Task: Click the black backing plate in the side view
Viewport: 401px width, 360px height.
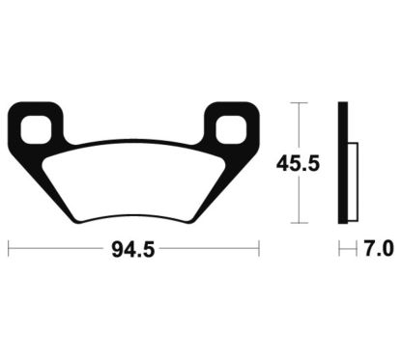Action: (342, 164)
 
